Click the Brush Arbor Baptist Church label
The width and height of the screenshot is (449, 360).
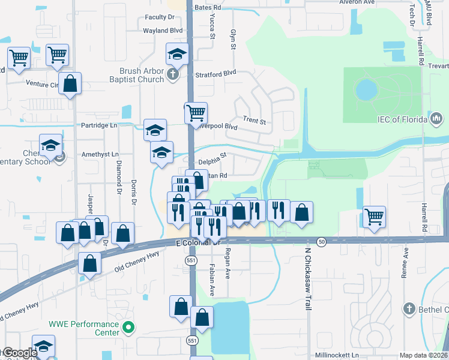pos(137,74)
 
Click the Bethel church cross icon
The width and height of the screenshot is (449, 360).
pos(409,308)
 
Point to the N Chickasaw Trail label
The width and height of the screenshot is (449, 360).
pos(308,280)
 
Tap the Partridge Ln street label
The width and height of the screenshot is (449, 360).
pos(99,125)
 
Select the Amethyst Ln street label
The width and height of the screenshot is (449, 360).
pos(97,154)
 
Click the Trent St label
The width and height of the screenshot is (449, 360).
pos(254,121)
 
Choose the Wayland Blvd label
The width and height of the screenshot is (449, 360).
pos(162,30)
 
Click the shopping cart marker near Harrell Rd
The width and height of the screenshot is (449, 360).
pos(374,217)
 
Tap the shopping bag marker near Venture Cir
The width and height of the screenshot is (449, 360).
pos(70,85)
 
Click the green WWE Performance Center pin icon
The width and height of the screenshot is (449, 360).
pos(127,328)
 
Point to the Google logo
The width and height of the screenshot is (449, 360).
pos(20,353)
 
